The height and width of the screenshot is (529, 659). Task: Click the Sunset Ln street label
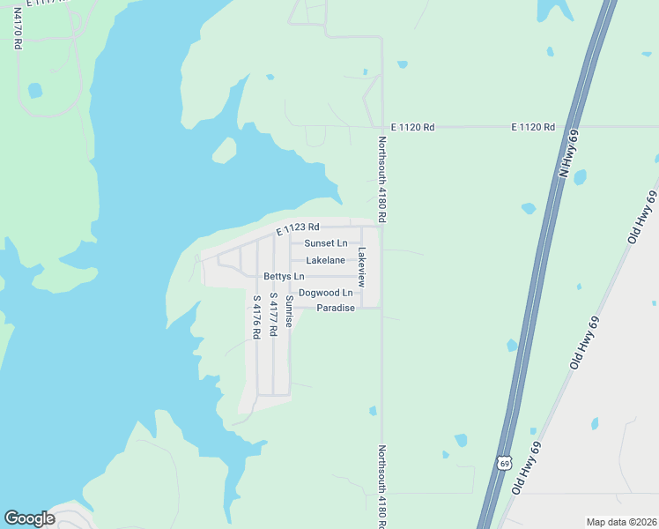[x=326, y=243]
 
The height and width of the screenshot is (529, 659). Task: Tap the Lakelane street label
[x=325, y=261]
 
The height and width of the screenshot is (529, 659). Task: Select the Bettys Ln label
[x=282, y=277]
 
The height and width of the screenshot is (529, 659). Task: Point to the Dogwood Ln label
[x=325, y=293]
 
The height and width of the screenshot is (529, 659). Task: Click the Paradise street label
[x=336, y=309]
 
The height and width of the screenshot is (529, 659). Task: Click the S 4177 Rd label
[x=273, y=313]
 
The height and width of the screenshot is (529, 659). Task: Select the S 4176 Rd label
[x=256, y=317]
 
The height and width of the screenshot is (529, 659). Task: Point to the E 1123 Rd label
[x=296, y=230]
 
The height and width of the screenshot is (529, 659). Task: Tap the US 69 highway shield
[x=502, y=463]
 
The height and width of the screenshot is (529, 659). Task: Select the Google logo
[x=29, y=518]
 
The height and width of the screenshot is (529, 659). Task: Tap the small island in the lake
[x=224, y=151]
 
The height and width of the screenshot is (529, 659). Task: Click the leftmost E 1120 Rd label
[x=417, y=128]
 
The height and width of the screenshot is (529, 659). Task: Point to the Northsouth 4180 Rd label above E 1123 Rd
[x=383, y=179]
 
